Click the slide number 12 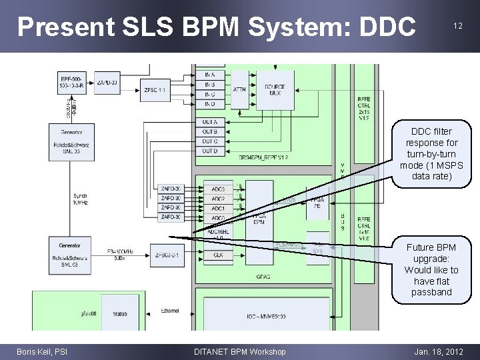457,25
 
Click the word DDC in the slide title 387,26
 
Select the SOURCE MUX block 275,89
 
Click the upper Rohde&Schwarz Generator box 71,141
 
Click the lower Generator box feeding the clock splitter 71,254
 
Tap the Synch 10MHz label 81,199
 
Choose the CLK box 218,255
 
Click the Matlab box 119,313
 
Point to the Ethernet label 169,311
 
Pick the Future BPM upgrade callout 431,269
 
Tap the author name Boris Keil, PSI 42,352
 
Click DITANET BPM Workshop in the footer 239,352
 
